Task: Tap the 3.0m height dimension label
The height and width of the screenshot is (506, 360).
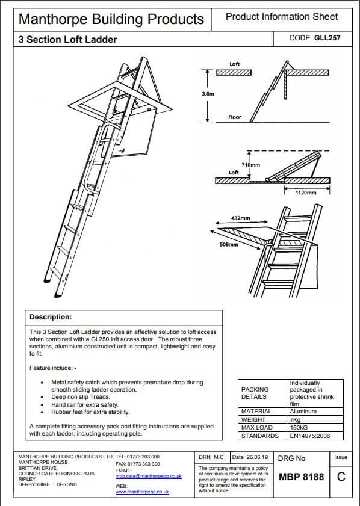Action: [x=208, y=94]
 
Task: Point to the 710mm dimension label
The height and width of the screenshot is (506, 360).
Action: [x=250, y=164]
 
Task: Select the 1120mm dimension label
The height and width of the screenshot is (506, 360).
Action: [x=306, y=193]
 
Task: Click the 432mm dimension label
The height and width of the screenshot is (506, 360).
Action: [x=240, y=218]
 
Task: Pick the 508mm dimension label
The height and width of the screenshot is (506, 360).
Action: [x=229, y=245]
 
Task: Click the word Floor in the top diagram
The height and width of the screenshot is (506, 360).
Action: [x=235, y=117]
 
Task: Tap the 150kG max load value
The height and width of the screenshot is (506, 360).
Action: [x=299, y=427]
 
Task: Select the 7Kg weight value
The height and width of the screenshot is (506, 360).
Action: [x=296, y=419]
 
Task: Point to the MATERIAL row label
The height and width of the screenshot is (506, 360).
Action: [x=256, y=412]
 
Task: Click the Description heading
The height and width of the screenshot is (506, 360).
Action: [x=51, y=317]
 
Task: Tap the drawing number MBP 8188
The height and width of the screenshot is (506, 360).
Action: [x=302, y=477]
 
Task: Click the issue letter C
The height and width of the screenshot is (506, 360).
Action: [x=341, y=477]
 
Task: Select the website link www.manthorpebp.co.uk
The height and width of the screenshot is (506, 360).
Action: [x=141, y=492]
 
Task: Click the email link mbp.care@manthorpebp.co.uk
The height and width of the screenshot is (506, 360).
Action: [x=148, y=475]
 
